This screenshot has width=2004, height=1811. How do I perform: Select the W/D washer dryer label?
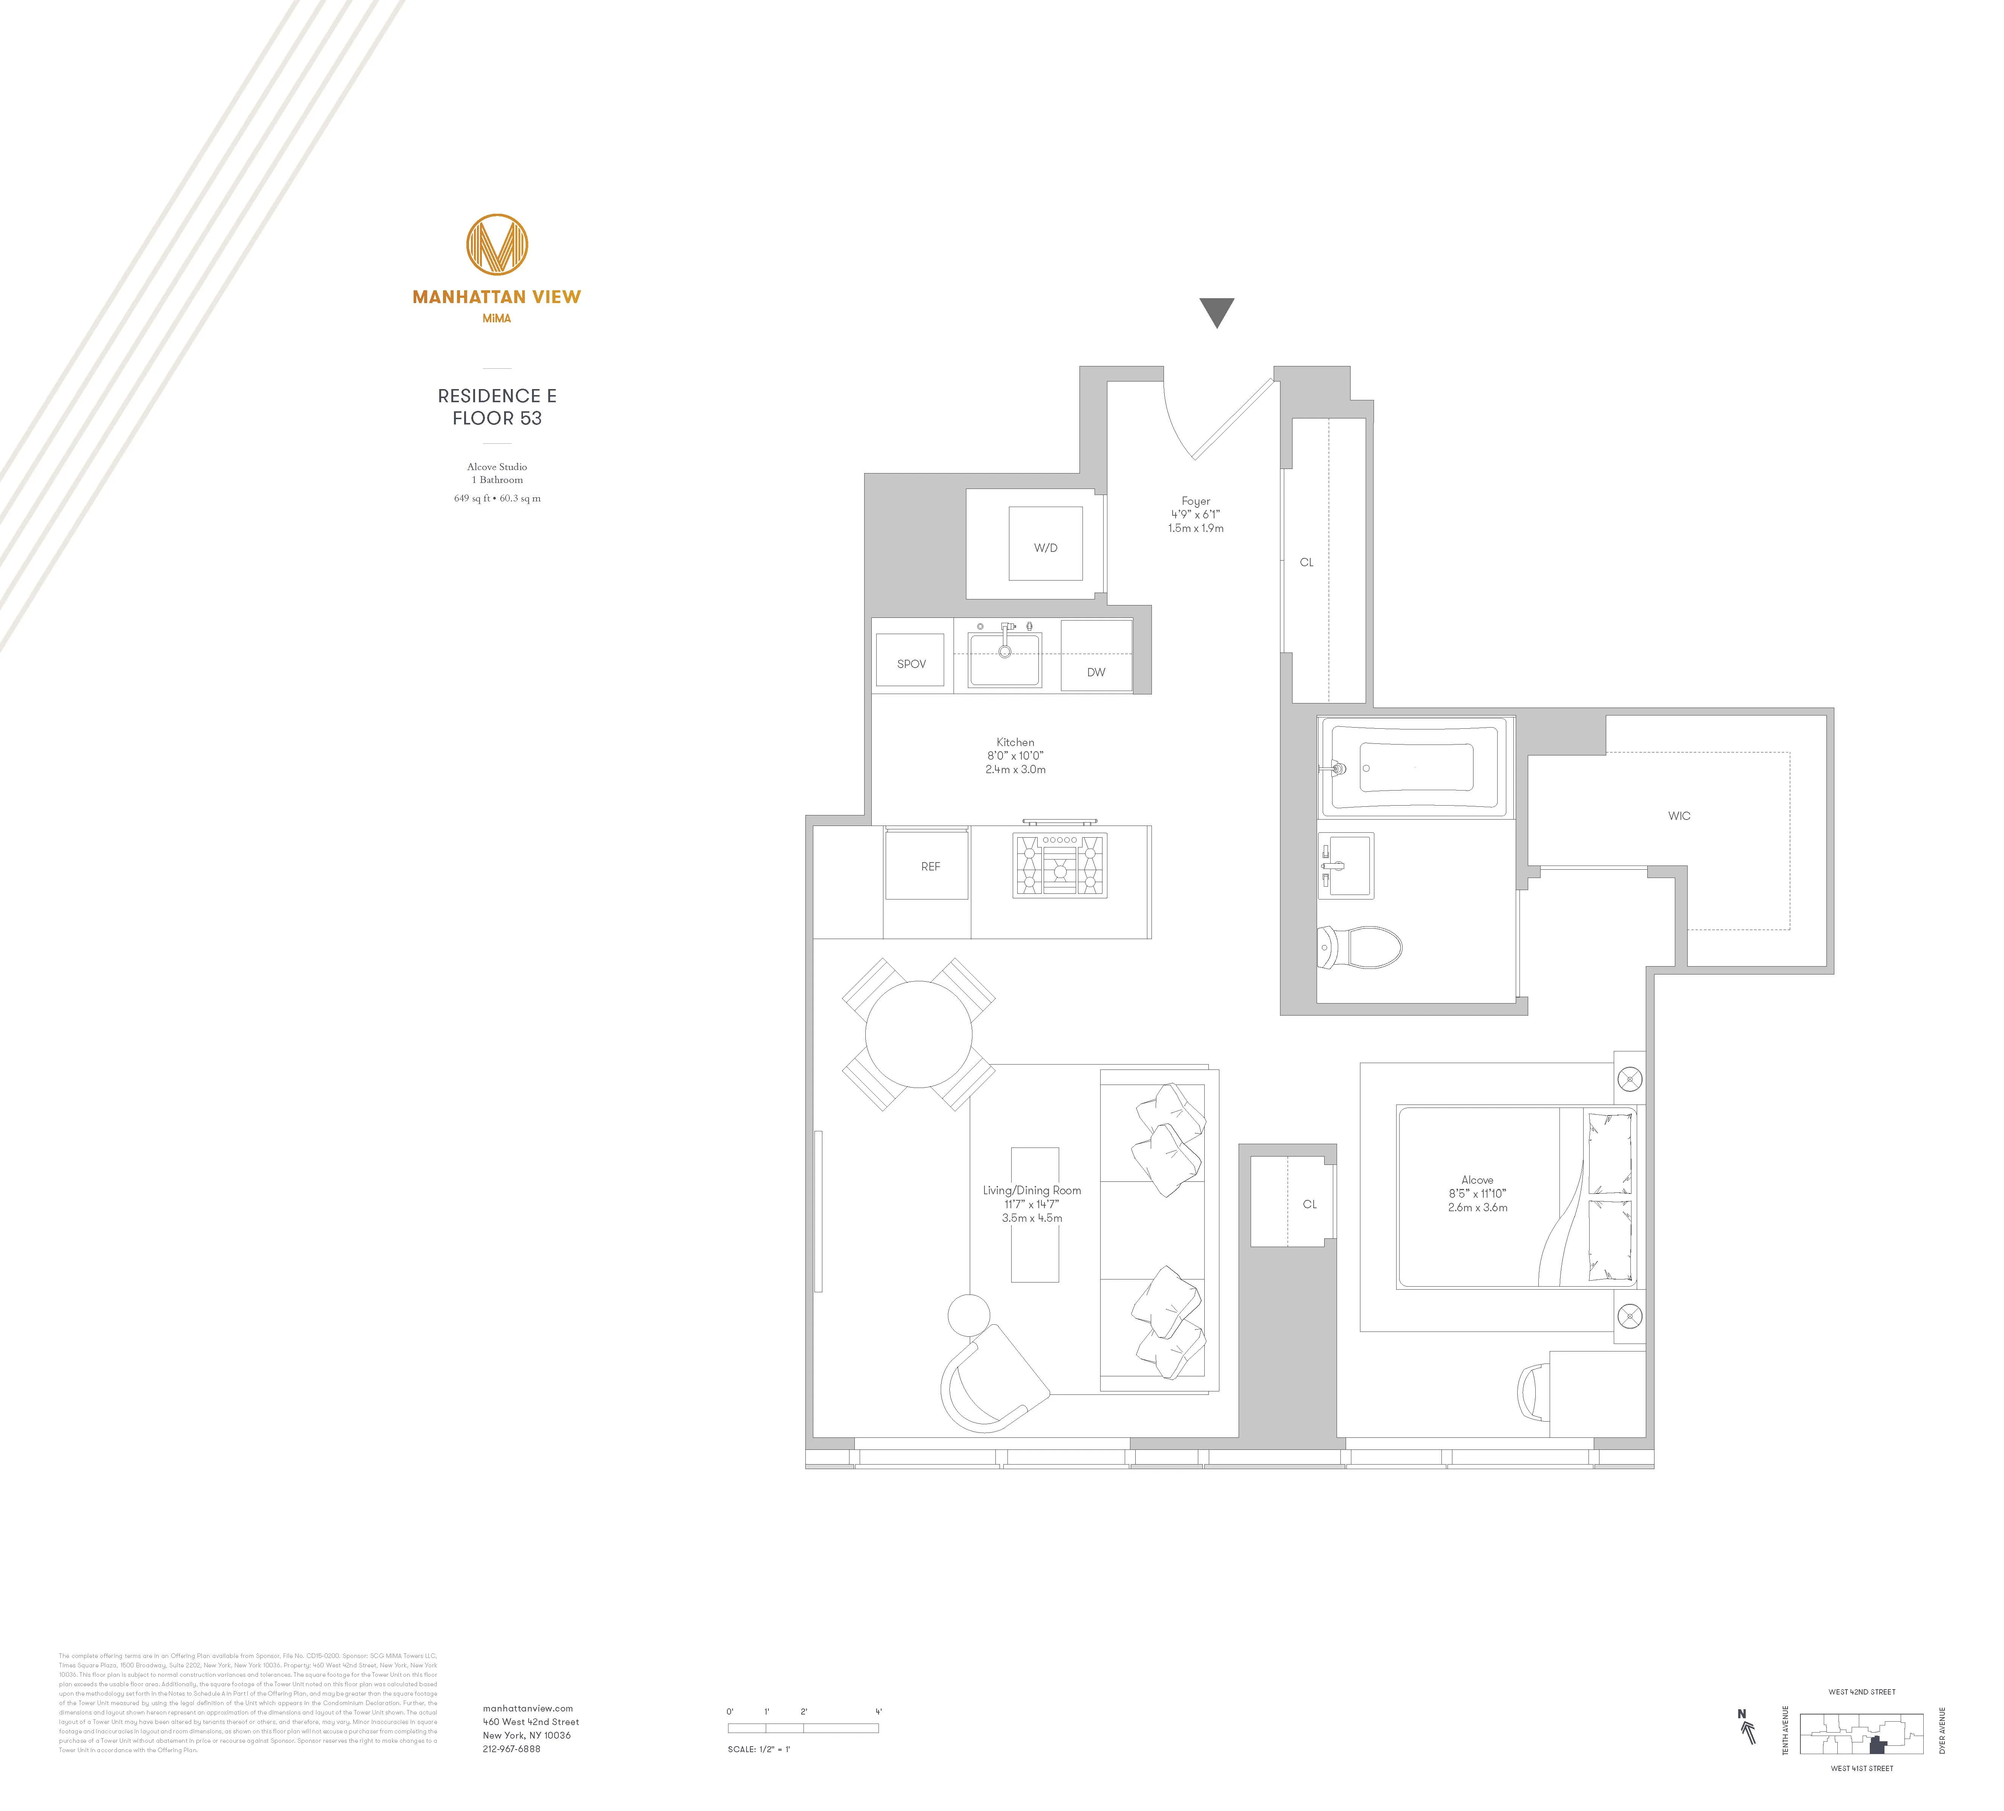[x=1046, y=548]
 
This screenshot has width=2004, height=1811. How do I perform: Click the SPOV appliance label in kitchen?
[x=912, y=664]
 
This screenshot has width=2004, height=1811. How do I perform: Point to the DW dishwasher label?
[x=1095, y=672]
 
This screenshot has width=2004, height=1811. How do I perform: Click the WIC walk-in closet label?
[x=1679, y=816]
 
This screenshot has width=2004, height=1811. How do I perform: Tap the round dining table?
[x=918, y=1035]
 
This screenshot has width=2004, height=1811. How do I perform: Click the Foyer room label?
[x=1196, y=502]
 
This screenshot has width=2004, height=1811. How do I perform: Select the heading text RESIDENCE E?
[x=497, y=395]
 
